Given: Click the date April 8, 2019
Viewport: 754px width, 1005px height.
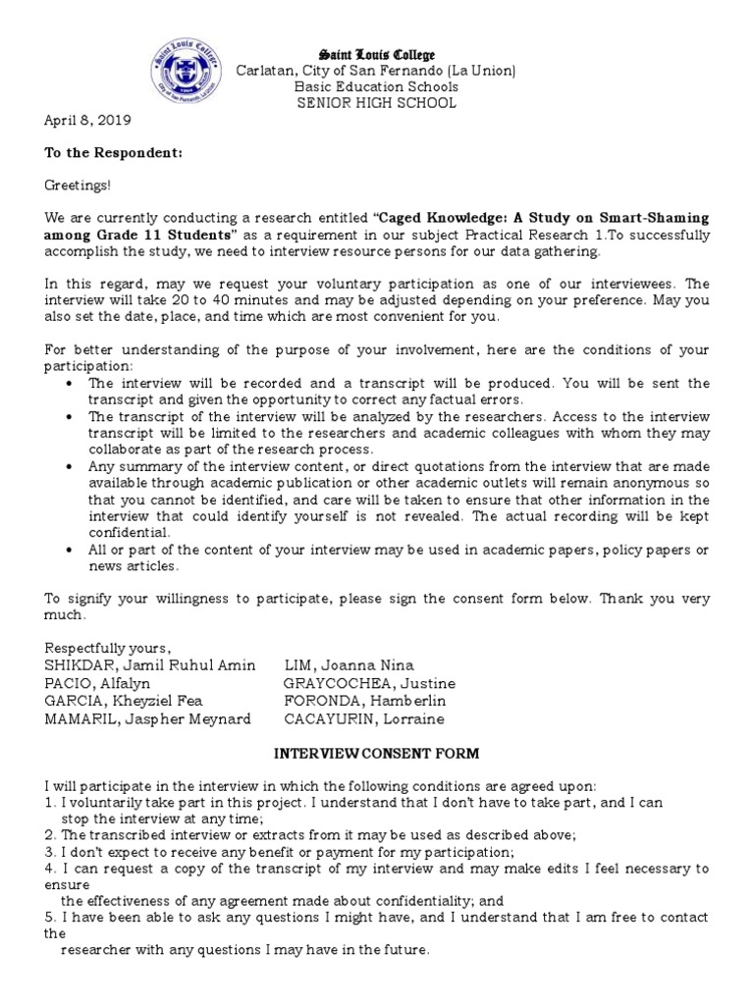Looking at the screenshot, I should (87, 121).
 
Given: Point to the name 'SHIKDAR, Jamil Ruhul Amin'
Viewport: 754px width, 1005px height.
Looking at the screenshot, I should (149, 665).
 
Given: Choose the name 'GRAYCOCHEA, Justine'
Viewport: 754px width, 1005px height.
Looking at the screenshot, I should (369, 683).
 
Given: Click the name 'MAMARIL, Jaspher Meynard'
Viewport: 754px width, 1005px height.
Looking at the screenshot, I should (147, 718).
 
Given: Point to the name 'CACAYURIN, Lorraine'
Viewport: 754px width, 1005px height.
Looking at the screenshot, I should (363, 718).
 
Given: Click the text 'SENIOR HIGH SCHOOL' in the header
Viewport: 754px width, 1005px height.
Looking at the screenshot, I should (377, 103).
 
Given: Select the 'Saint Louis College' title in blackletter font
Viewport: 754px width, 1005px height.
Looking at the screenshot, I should (377, 55).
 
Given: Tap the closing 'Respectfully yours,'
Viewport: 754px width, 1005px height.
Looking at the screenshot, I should (108, 648).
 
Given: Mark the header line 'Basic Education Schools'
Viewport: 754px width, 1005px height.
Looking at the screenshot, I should (377, 87).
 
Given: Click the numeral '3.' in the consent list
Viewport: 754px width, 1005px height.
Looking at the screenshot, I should (51, 851).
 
